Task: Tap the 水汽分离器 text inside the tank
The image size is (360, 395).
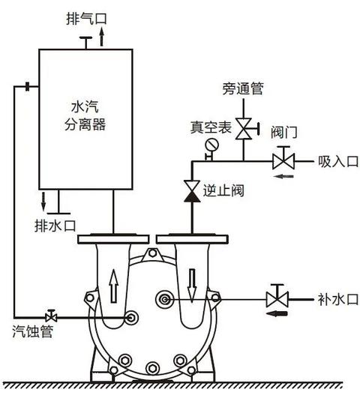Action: point(82,117)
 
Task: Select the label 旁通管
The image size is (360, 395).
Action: point(243,89)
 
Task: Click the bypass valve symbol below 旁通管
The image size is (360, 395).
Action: point(243,127)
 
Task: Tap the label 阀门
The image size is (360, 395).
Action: point(284,133)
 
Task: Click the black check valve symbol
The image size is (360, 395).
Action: point(192,190)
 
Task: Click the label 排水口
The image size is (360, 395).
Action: point(55,225)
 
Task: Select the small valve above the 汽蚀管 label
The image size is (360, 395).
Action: point(51,315)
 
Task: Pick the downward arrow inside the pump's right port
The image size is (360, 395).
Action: point(192,285)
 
